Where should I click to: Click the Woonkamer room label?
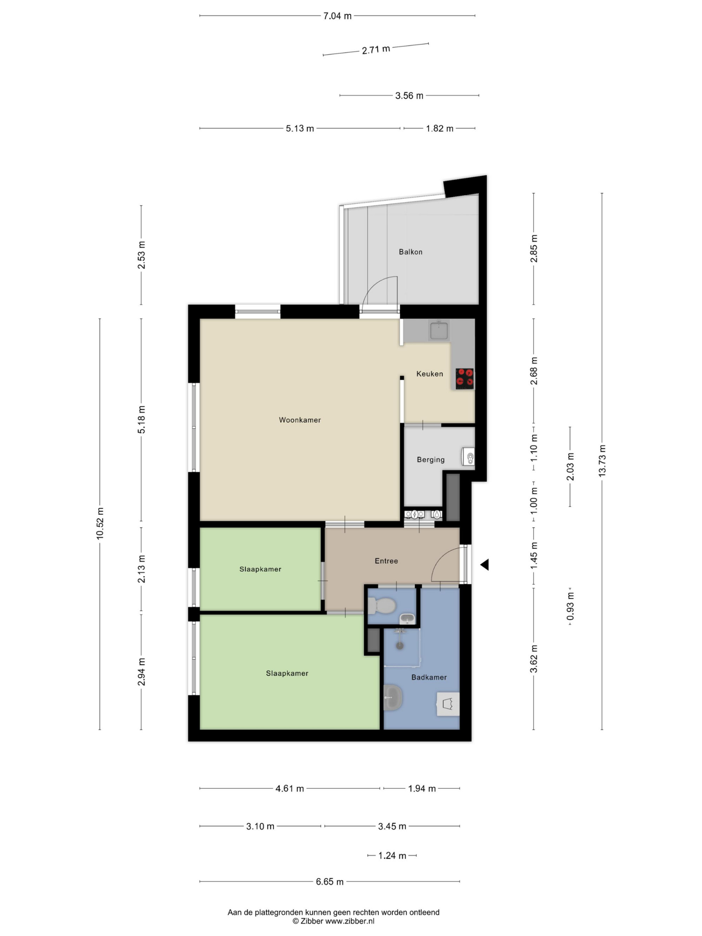point(300,420)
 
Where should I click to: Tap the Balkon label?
point(410,252)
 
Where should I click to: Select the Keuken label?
point(430,374)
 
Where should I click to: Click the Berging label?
point(430,459)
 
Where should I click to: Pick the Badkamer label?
point(429,677)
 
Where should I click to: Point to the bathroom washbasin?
point(393,697)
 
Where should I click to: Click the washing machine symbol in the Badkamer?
point(448,704)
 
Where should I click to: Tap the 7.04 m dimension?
point(337,16)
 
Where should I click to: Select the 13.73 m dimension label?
point(602,461)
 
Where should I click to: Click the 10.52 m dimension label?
point(100,523)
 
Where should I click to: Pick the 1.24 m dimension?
point(392,856)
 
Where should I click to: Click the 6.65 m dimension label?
point(330,881)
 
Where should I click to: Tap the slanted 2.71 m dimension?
point(376,49)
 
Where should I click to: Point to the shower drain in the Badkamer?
point(399,646)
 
